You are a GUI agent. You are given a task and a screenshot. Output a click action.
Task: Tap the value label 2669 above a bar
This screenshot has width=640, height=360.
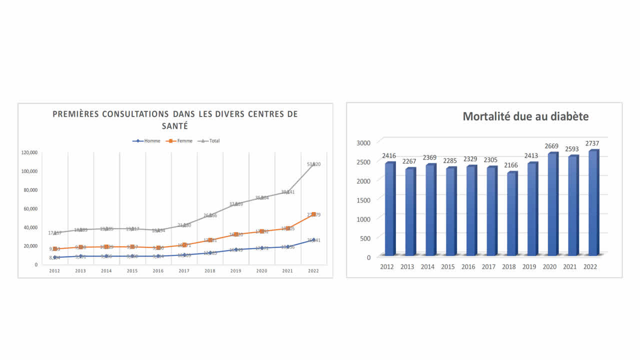pyautogui.click(x=552, y=146)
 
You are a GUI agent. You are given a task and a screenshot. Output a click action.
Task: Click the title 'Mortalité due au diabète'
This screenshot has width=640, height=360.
pyautogui.click(x=525, y=116)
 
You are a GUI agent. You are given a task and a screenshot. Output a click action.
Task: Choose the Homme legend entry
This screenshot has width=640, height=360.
pyautogui.click(x=147, y=141)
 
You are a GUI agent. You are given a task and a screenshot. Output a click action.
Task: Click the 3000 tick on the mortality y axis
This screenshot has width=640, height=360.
pyautogui.click(x=363, y=143)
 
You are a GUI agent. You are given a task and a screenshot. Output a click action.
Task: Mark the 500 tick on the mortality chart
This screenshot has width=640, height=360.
pyautogui.click(x=365, y=238)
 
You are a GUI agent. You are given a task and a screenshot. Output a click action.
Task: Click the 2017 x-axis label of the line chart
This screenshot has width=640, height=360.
pyautogui.click(x=183, y=271)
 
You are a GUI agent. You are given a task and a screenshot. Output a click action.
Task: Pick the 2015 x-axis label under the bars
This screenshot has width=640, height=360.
pyautogui.click(x=448, y=267)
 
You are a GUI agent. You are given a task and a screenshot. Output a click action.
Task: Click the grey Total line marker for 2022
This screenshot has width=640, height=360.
pyautogui.click(x=313, y=164)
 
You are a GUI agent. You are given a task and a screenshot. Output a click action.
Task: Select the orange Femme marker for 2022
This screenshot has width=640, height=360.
pyautogui.click(x=313, y=214)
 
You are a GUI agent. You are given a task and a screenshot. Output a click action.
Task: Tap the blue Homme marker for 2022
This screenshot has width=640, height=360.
pyautogui.click(x=313, y=240)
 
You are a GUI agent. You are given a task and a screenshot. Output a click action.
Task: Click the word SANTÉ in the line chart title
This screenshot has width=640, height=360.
pyautogui.click(x=175, y=126)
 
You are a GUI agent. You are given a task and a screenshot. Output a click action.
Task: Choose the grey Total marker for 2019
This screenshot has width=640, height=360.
pyautogui.click(x=236, y=204)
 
